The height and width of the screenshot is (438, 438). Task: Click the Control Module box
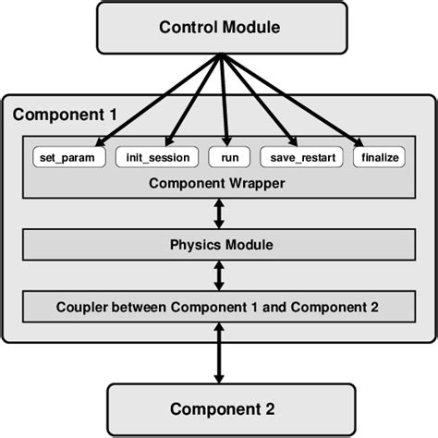pos(218,27)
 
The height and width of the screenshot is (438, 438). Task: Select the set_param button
pos(68,157)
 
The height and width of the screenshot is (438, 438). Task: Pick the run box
pos(223,157)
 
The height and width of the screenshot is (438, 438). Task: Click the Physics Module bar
pos(219,245)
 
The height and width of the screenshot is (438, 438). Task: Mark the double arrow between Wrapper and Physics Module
pos(219,213)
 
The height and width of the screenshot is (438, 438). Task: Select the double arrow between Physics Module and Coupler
pos(219,275)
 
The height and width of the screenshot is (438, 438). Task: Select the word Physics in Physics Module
pos(191,245)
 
